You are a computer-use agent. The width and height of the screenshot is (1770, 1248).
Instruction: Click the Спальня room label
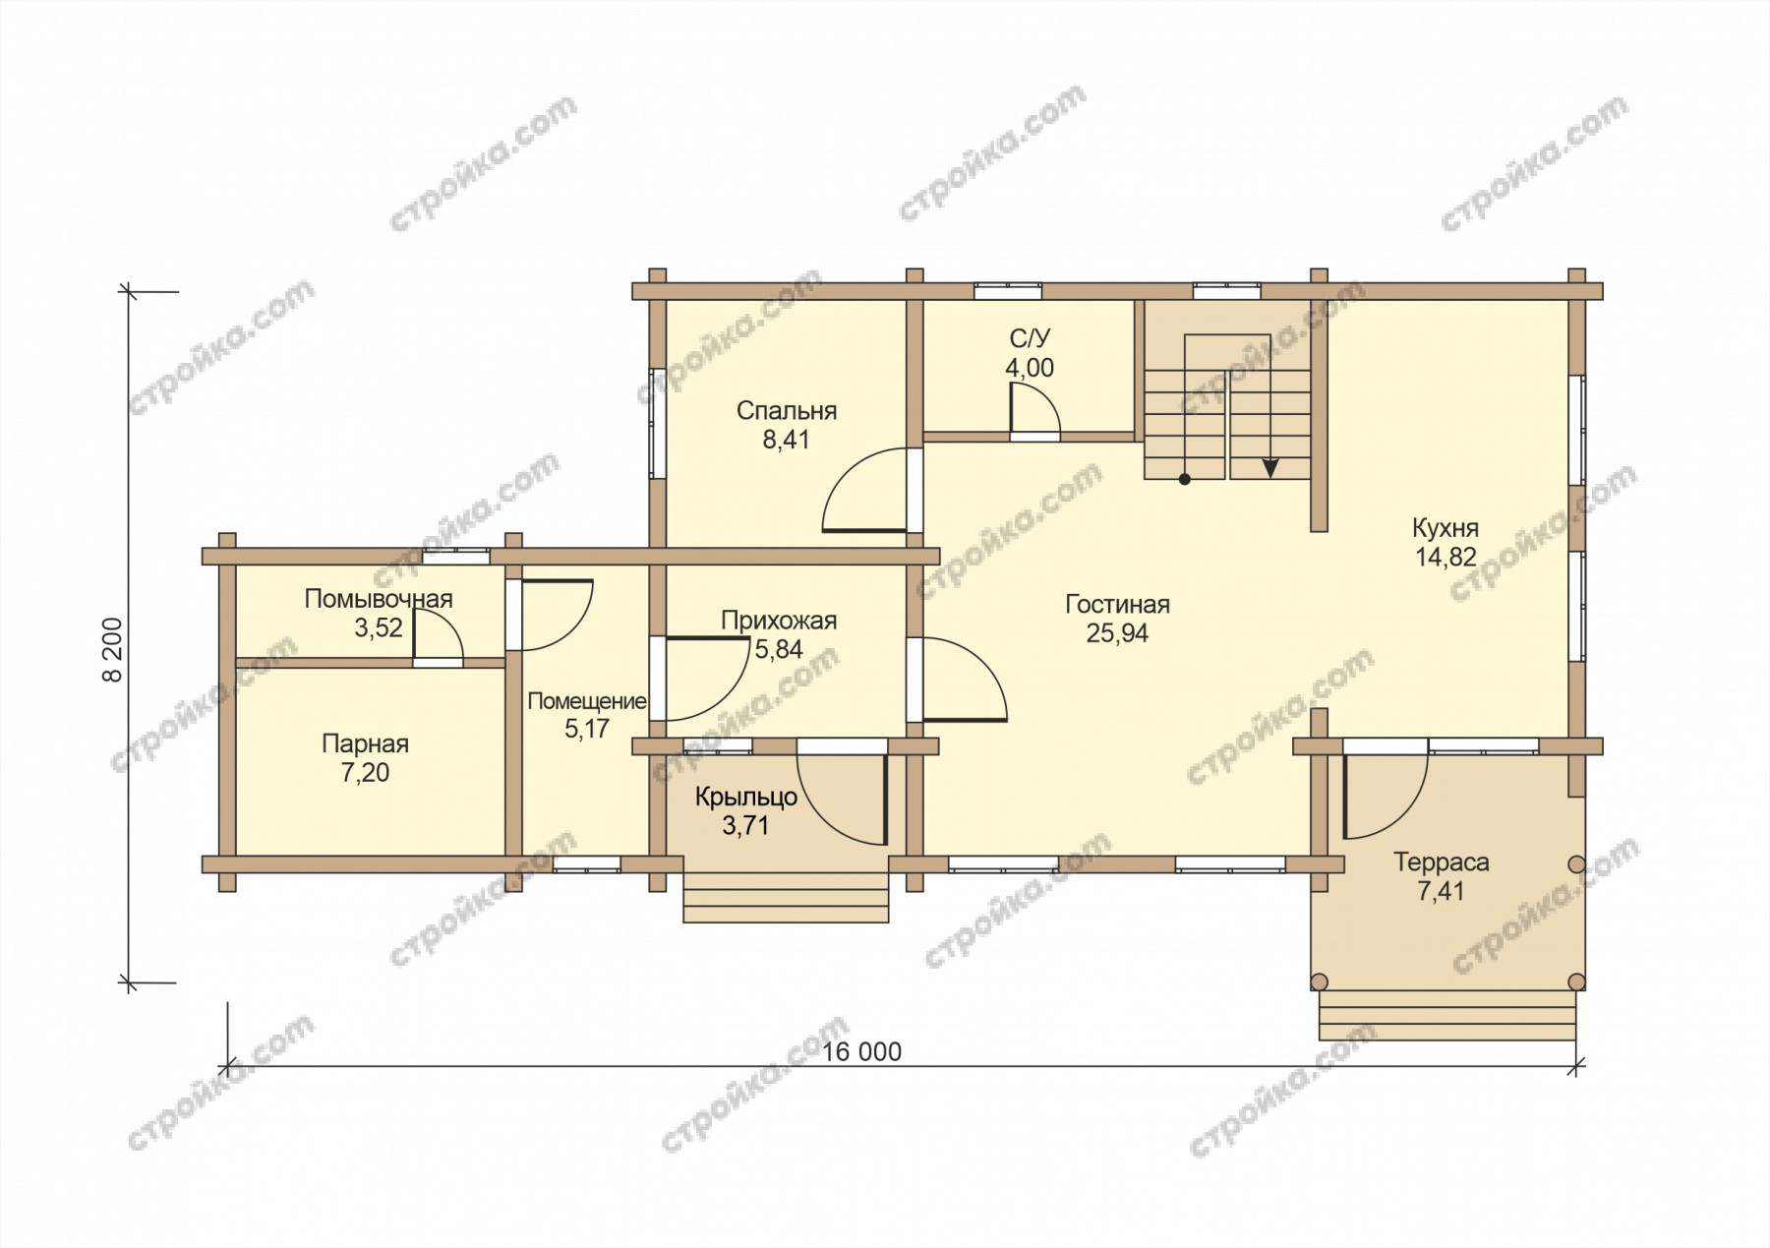[787, 411]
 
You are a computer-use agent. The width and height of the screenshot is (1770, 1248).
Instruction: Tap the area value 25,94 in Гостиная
[1117, 633]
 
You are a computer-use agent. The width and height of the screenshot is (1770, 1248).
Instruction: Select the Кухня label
[1445, 528]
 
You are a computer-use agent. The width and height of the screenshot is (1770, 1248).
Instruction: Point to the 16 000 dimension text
[861, 1052]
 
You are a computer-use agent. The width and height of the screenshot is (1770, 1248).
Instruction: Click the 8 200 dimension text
[114, 649]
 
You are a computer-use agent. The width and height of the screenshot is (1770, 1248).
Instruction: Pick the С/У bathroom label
[1030, 339]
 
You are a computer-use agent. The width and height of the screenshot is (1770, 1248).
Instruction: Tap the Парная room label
[365, 744]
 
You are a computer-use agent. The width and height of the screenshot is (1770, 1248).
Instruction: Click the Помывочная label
[379, 599]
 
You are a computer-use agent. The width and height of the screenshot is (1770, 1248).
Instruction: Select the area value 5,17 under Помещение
[587, 729]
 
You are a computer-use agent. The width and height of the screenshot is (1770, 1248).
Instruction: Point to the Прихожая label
[779, 621]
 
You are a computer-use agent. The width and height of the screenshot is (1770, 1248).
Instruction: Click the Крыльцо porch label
[746, 797]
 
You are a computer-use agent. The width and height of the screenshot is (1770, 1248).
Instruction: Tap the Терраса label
[1441, 862]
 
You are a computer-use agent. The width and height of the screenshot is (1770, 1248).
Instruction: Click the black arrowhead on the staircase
[1270, 468]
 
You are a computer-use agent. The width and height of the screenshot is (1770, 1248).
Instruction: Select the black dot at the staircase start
[1185, 480]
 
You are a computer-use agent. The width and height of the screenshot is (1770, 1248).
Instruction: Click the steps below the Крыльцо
[786, 898]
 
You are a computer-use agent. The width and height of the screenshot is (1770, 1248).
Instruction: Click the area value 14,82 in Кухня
[1445, 557]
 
